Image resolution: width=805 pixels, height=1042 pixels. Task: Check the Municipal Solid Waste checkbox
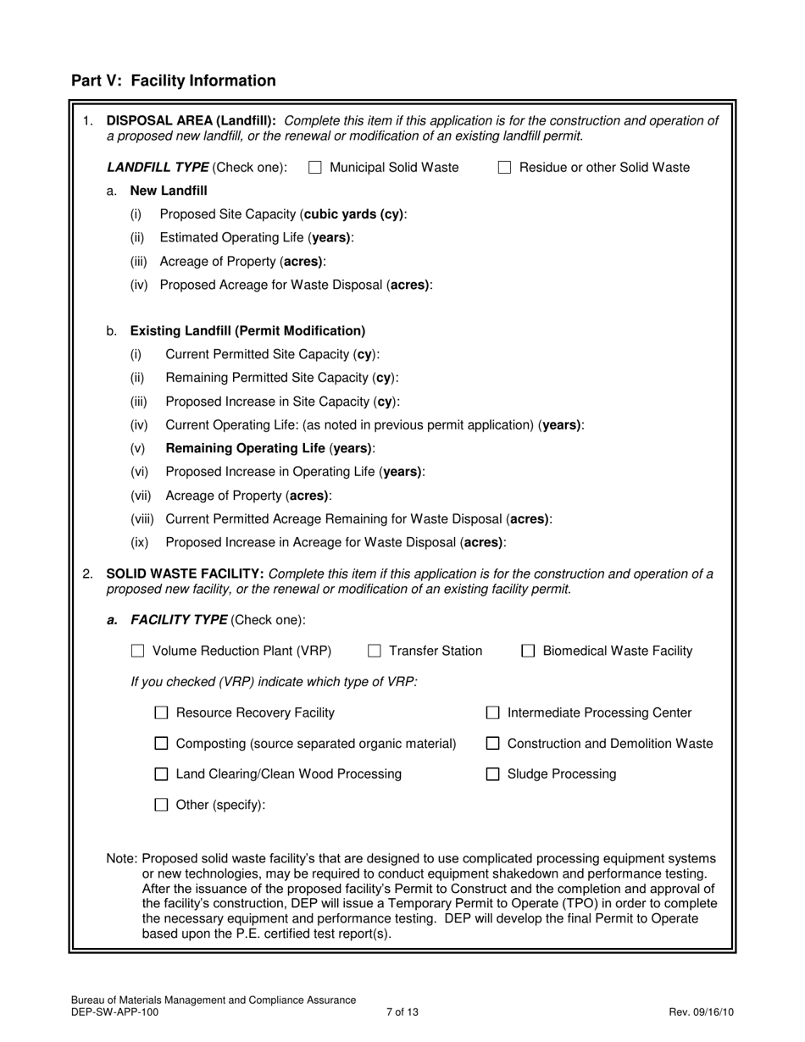click(x=315, y=168)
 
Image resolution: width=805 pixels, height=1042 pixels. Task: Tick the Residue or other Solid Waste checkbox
click(x=504, y=168)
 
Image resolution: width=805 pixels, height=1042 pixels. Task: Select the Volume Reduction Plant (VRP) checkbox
click(x=138, y=651)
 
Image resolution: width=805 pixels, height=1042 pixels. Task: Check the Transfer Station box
click(x=375, y=651)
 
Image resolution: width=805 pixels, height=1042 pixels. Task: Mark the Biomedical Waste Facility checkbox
click(x=528, y=651)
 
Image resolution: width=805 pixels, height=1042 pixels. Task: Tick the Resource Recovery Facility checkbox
click(x=161, y=713)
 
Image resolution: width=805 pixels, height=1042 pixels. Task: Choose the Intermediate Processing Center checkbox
click(x=492, y=713)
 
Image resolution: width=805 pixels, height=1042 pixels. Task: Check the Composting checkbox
click(x=161, y=744)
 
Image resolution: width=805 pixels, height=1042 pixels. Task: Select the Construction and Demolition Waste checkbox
click(x=492, y=744)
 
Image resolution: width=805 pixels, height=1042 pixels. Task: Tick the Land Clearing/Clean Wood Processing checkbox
click(x=161, y=774)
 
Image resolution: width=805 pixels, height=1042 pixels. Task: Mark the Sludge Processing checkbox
click(x=492, y=774)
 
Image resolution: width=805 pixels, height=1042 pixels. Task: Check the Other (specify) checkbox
click(x=161, y=805)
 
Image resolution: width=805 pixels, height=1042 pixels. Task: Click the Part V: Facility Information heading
click(x=173, y=80)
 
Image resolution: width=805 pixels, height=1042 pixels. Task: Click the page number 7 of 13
click(x=402, y=1012)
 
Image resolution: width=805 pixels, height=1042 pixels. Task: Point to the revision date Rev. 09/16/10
click(x=701, y=1012)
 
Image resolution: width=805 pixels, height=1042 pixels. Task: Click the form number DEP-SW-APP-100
click(x=114, y=1012)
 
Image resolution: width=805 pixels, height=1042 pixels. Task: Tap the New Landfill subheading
click(x=168, y=191)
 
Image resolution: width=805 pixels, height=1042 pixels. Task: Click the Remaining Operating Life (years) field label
click(x=269, y=448)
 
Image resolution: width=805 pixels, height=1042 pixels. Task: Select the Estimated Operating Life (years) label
click(x=256, y=238)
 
